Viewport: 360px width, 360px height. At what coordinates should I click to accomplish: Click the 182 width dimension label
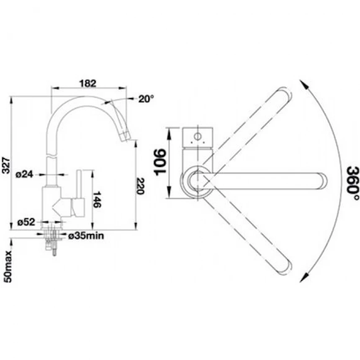pyautogui.click(x=88, y=83)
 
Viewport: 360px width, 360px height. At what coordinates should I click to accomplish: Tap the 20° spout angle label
pyautogui.click(x=146, y=99)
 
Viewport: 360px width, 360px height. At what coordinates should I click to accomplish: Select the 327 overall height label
pyautogui.click(x=6, y=165)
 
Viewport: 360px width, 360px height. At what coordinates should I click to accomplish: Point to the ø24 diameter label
pyautogui.click(x=24, y=175)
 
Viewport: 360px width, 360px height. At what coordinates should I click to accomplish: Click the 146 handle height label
pyautogui.click(x=97, y=200)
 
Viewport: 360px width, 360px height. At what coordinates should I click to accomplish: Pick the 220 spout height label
pyautogui.click(x=140, y=186)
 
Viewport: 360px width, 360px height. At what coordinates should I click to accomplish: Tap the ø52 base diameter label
pyautogui.click(x=26, y=222)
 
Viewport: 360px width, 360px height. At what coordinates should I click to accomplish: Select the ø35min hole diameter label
pyautogui.click(x=86, y=236)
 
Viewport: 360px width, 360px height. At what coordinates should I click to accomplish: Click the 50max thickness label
pyautogui.click(x=8, y=267)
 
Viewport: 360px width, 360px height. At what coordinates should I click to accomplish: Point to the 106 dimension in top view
pyautogui.click(x=160, y=162)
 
